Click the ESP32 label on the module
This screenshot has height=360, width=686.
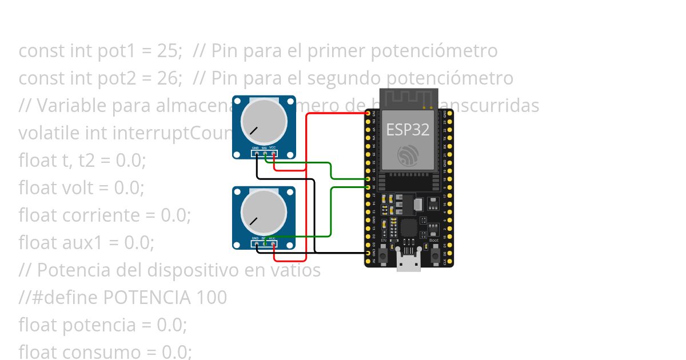(408, 130)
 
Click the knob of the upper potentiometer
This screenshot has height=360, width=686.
(264, 122)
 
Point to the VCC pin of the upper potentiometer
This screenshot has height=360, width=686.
(274, 153)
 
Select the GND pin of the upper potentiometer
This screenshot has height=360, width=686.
(257, 153)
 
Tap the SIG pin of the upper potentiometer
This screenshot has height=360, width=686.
(266, 153)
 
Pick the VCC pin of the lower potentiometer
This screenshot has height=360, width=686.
(274, 244)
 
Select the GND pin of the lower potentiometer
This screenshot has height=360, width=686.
(257, 244)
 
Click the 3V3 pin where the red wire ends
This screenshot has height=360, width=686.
(368, 114)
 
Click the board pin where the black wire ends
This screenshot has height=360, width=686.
(368, 253)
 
